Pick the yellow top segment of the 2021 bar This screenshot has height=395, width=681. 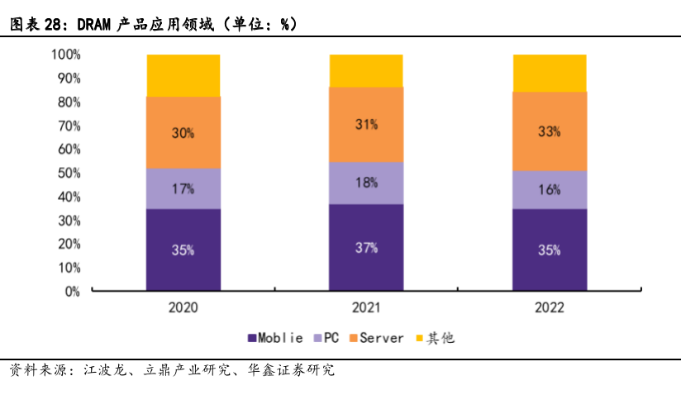[366, 70]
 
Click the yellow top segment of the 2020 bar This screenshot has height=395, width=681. [183, 75]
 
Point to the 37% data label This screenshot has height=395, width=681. [367, 247]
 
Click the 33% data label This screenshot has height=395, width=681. [550, 131]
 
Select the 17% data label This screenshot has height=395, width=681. [183, 188]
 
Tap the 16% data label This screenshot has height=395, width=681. [550, 189]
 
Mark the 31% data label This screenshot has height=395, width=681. [367, 124]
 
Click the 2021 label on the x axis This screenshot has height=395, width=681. [366, 307]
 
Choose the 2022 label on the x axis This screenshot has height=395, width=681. [550, 307]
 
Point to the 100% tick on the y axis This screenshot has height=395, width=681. [65, 55]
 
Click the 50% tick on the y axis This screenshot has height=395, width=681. [69, 173]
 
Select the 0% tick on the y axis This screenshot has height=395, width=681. [72, 291]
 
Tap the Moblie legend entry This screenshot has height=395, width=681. [278, 338]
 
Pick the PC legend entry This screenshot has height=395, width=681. [328, 338]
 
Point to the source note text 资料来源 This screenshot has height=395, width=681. [36, 370]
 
